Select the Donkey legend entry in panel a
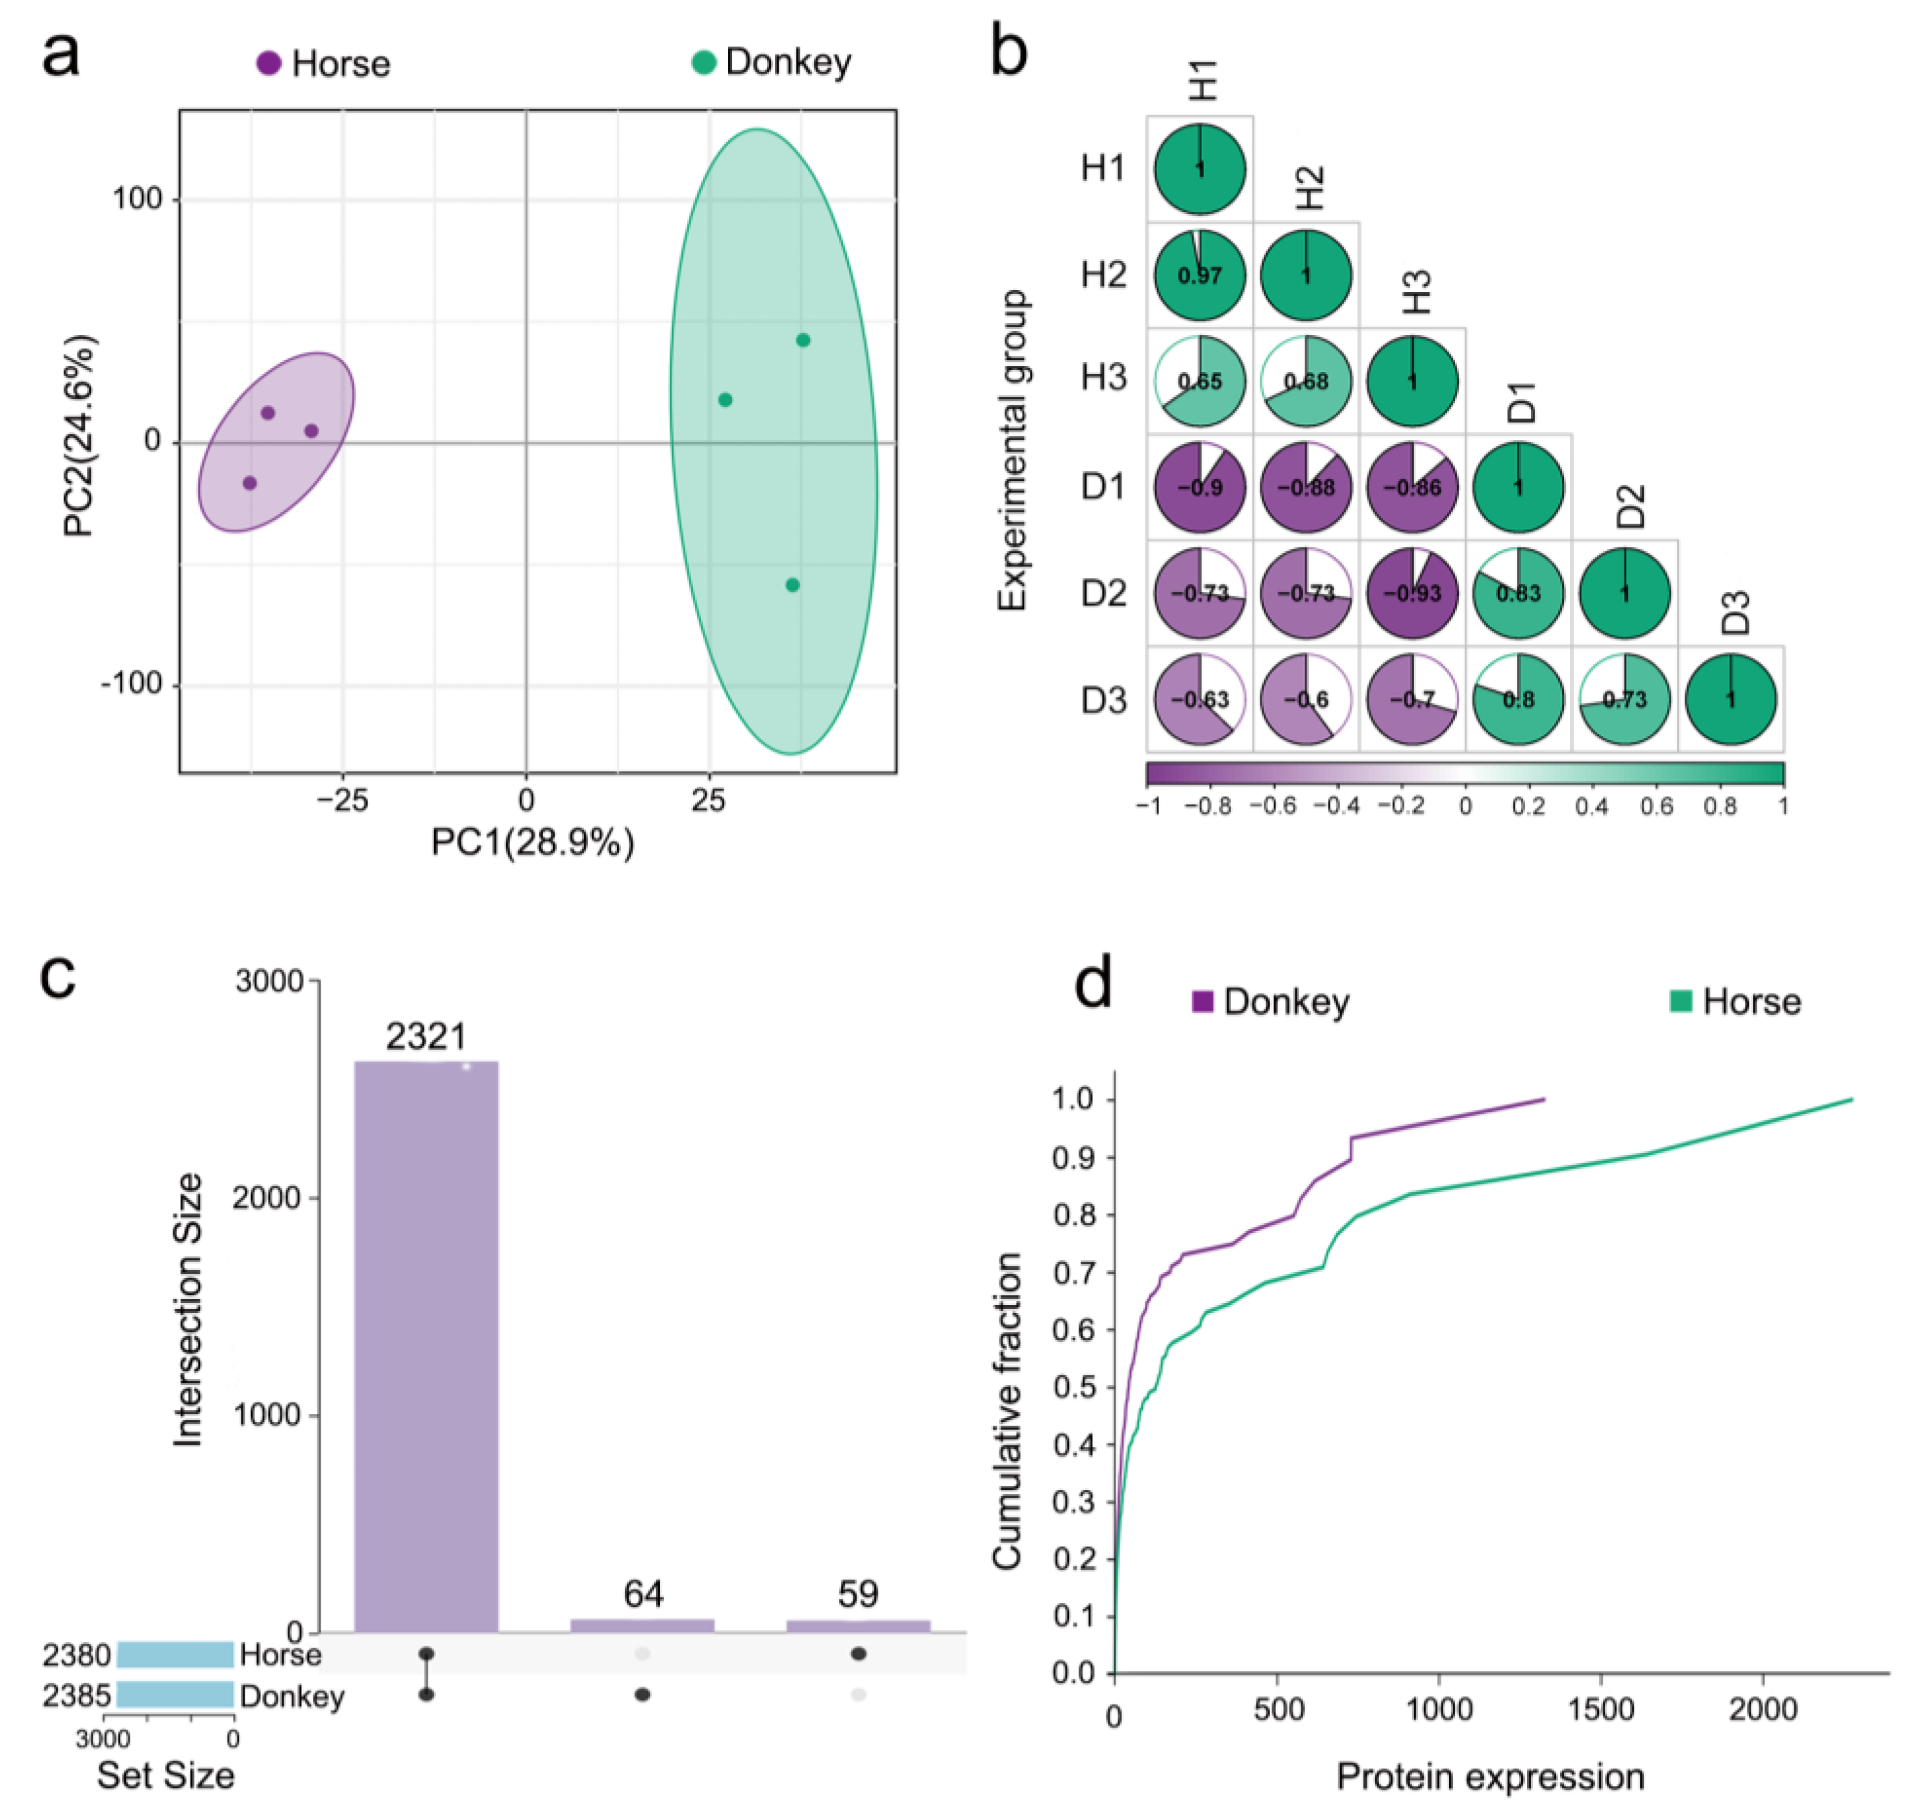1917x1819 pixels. point(772,62)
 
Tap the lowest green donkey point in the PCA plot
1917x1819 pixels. point(792,585)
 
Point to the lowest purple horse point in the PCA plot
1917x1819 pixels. point(250,483)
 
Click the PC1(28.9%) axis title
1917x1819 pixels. point(532,842)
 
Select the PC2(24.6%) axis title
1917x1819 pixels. point(80,435)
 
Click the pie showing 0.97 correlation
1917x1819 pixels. point(1199,275)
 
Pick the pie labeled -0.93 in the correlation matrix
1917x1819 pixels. point(1412,593)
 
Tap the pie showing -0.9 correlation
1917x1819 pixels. point(1199,487)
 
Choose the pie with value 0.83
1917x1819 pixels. point(1519,593)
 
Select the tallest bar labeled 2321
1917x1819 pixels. point(426,1348)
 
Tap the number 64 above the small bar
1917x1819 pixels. point(643,1593)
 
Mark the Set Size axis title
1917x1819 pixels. point(166,1776)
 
